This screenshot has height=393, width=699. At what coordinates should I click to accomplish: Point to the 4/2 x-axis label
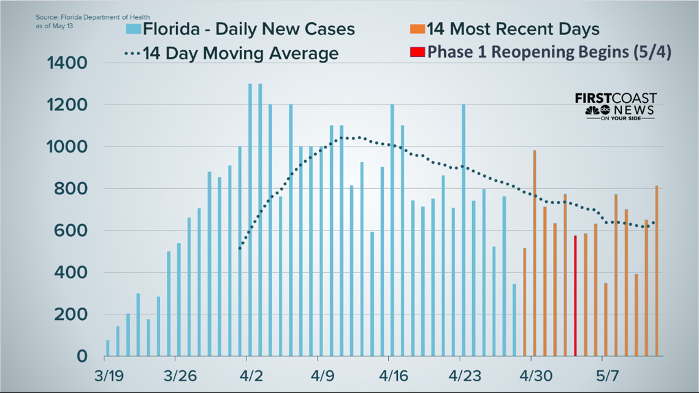pyautogui.click(x=246, y=375)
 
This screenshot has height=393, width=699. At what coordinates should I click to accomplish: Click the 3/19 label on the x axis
pyautogui.click(x=108, y=375)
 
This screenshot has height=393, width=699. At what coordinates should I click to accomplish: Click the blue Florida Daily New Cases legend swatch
pyautogui.click(x=133, y=29)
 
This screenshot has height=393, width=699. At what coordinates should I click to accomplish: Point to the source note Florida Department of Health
pyautogui.click(x=92, y=16)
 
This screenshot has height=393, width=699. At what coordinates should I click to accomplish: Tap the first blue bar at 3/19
pyautogui.click(x=108, y=348)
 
